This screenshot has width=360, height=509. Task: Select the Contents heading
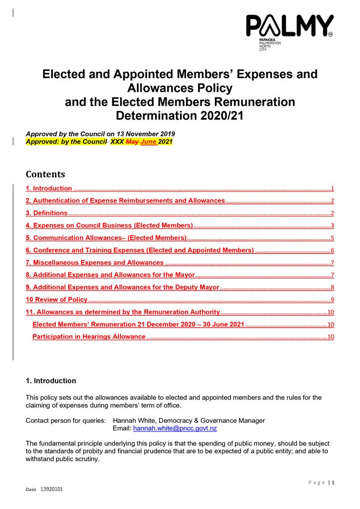[45, 173]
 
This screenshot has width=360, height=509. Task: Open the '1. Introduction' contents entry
[49, 189]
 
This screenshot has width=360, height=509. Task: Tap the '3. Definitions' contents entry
[47, 213]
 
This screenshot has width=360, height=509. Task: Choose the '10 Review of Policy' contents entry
[56, 300]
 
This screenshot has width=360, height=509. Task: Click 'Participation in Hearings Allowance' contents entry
[89, 337]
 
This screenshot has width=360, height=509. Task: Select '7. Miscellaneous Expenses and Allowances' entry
[95, 263]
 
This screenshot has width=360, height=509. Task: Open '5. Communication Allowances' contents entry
[106, 238]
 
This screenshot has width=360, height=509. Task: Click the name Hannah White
[133, 421]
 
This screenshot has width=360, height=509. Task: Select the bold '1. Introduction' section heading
[51, 381]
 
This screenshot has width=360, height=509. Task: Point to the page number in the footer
[333, 482]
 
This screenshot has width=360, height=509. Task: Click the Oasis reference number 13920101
[52, 490]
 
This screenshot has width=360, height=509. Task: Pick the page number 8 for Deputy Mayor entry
[332, 287]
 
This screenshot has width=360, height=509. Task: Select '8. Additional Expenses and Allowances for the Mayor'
[110, 275]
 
